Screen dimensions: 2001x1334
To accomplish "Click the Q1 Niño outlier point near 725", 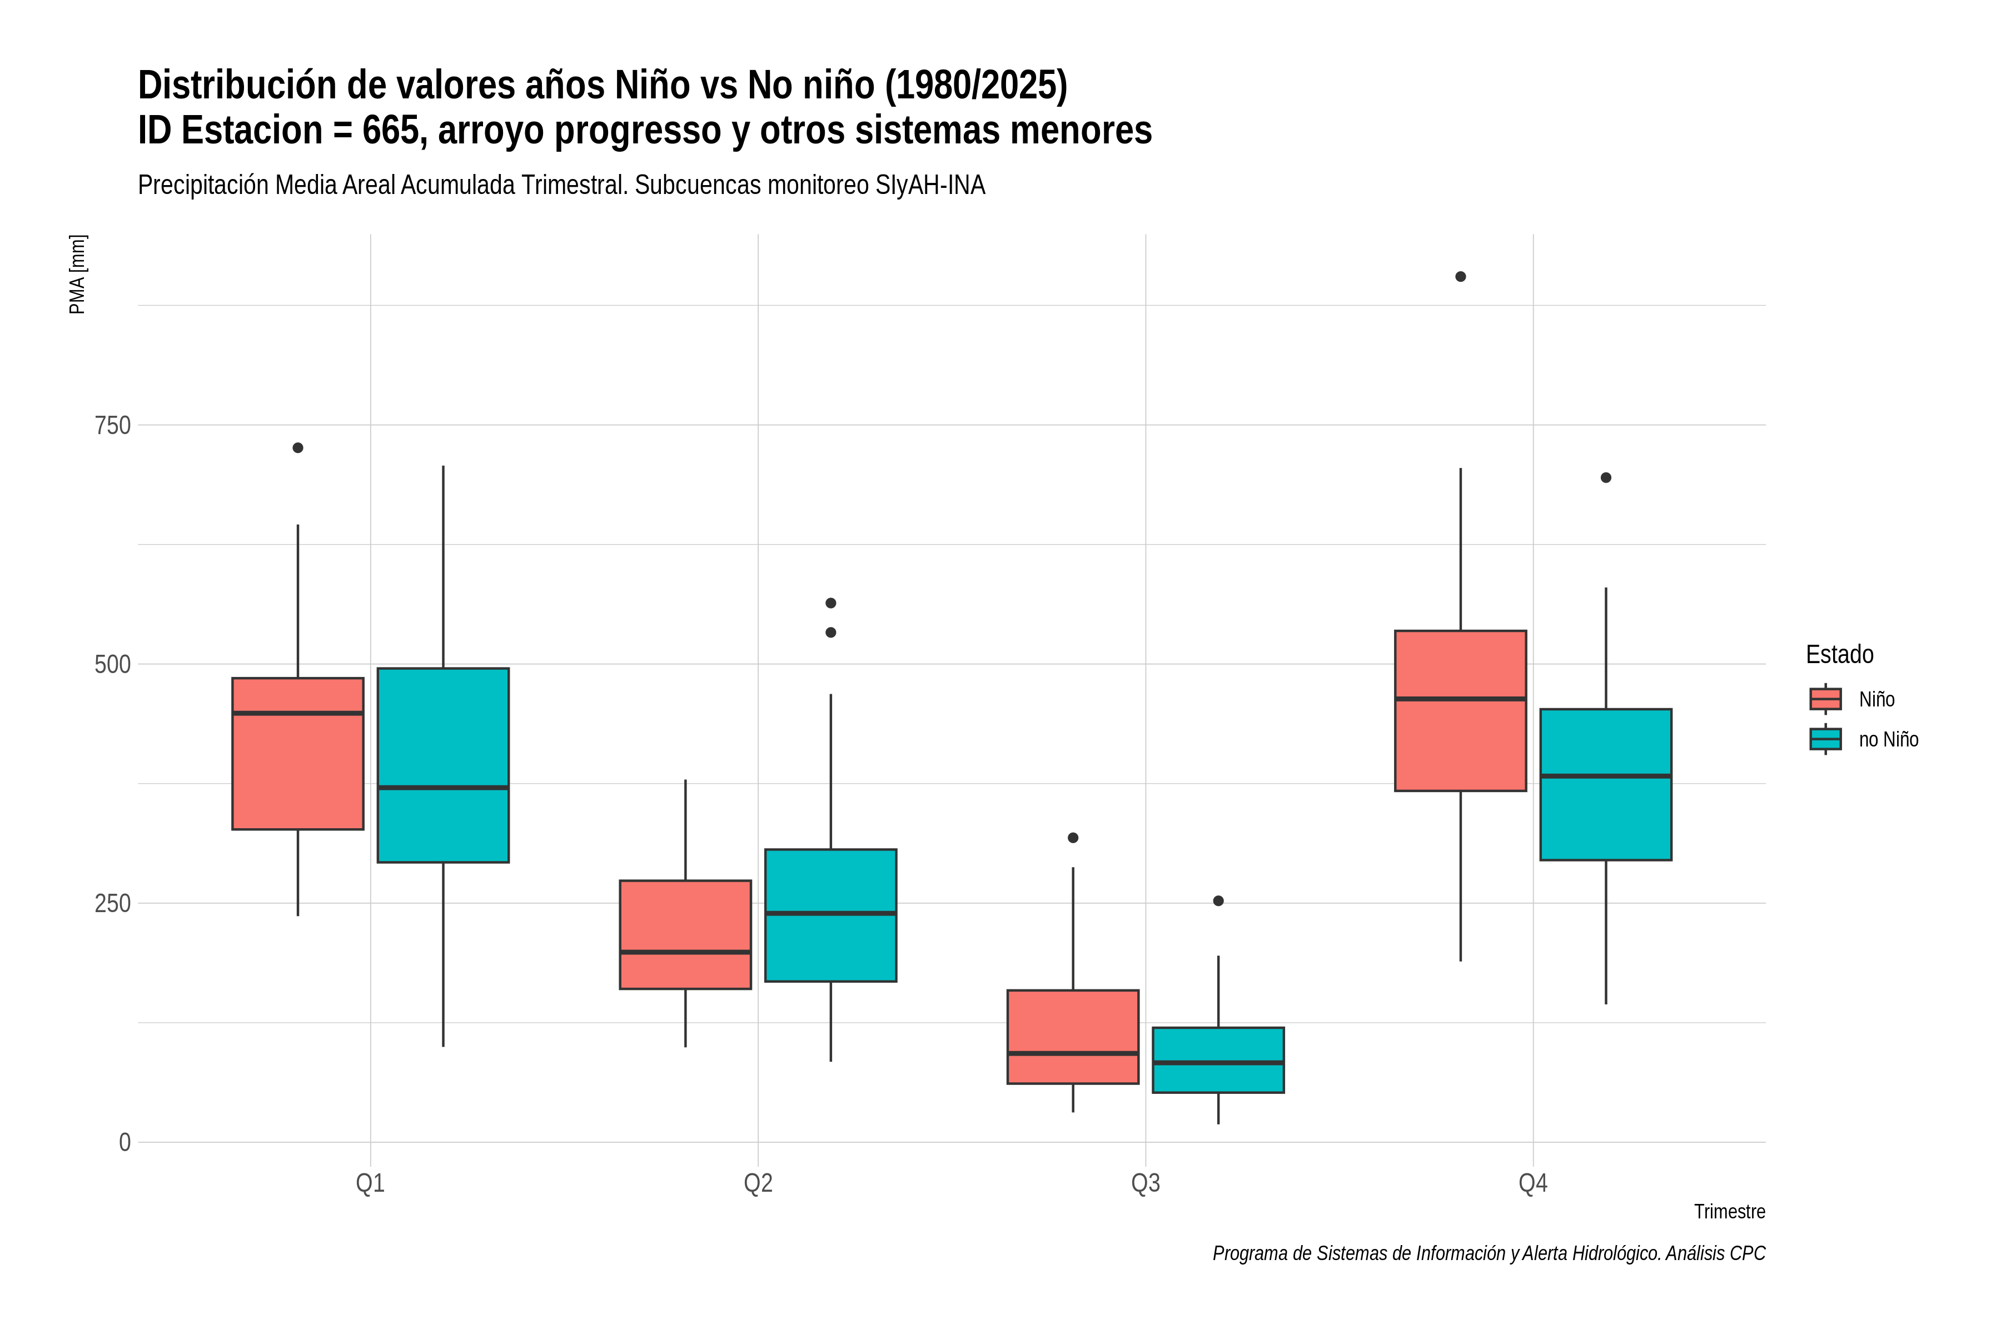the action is point(298,447).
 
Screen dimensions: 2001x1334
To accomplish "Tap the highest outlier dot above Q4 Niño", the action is point(1461,276).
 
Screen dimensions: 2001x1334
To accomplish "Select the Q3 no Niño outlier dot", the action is point(1218,901).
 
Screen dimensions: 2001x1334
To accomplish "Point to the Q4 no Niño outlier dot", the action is point(1606,477).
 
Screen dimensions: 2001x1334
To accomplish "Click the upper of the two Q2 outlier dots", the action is point(831,603).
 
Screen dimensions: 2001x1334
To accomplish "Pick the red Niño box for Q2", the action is point(686,934).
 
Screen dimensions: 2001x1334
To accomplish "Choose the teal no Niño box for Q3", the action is point(1218,1060).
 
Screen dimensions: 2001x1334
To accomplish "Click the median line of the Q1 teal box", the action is point(443,788).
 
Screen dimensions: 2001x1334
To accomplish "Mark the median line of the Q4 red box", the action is point(1461,699).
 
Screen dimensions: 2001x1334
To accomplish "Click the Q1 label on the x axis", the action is point(370,1183).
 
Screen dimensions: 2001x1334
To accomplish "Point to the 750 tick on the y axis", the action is point(112,425).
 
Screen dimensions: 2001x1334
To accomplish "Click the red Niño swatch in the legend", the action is point(1826,699).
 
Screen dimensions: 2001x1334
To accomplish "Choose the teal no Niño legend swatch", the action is point(1826,739).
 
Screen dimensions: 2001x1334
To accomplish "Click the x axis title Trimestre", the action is point(1730,1212).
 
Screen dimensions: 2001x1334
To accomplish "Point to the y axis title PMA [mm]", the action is point(77,275).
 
